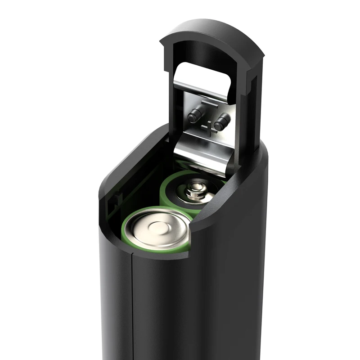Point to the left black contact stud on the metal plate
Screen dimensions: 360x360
[195, 116]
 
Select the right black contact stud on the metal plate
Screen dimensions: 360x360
[221, 121]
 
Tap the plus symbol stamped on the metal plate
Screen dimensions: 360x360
[207, 128]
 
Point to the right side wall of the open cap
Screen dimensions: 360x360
[252, 112]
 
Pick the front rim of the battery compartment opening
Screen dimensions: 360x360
[148, 256]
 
